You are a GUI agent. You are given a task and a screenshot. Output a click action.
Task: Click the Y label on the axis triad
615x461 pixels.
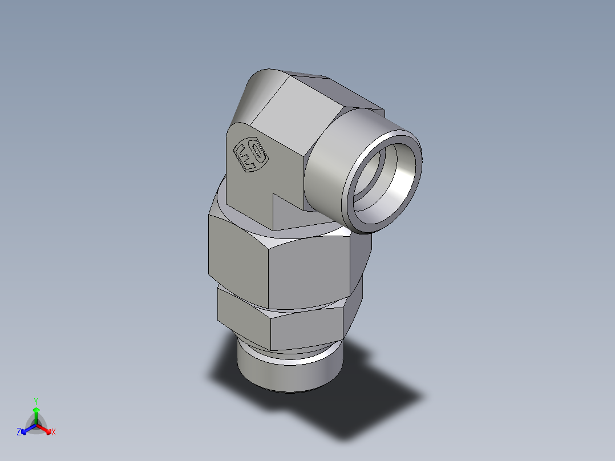coord(36,401)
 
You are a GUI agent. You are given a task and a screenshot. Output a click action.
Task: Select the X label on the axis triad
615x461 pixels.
coord(54,432)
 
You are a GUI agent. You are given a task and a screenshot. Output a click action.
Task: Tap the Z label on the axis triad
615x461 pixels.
coord(19,432)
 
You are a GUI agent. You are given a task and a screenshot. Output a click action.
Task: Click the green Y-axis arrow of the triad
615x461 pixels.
coord(36,413)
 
